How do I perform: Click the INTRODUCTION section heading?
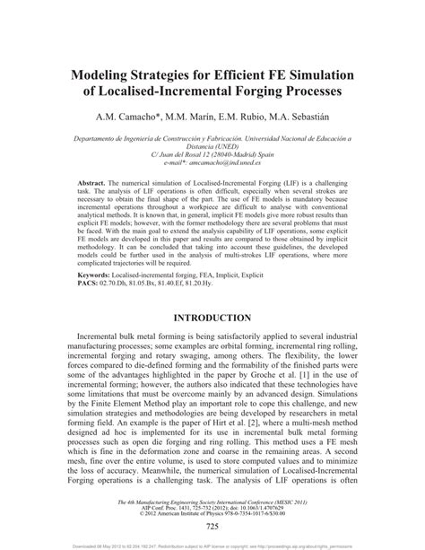(212, 318)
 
